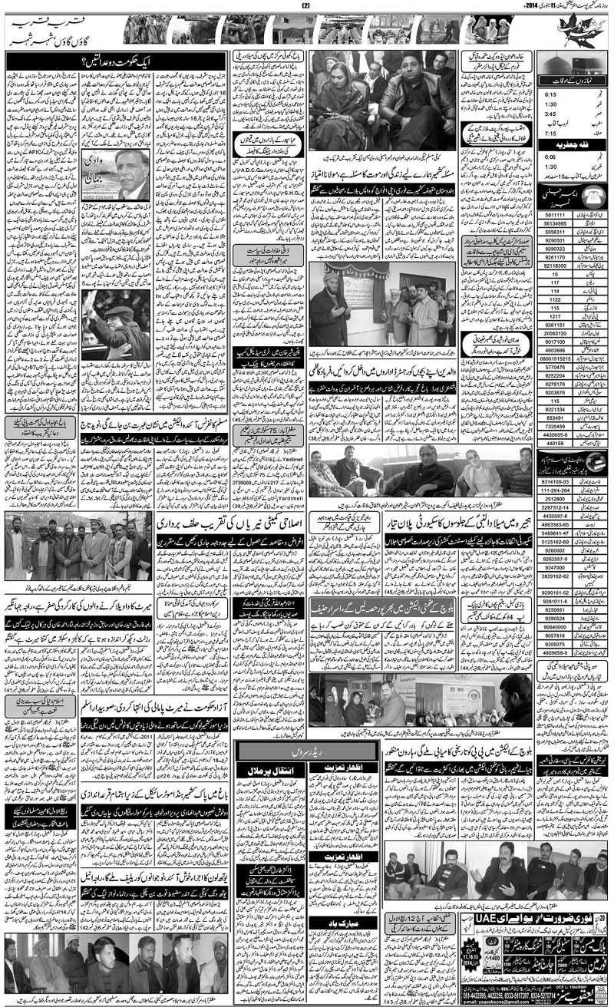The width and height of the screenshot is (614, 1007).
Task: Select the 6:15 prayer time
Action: (x=550, y=96)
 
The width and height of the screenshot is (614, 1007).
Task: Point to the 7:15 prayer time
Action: (x=550, y=132)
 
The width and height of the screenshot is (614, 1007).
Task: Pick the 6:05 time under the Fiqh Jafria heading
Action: (x=550, y=155)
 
